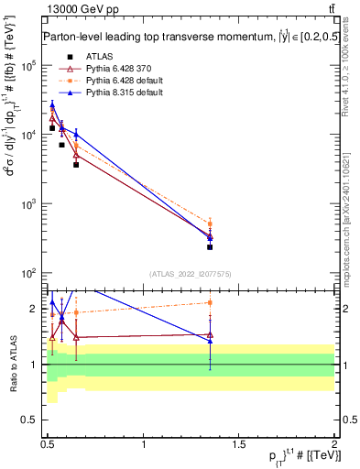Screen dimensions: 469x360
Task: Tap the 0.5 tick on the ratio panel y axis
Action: point(34,420)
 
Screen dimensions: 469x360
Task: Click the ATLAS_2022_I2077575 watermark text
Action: point(191,274)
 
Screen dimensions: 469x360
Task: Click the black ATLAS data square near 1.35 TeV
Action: point(210,246)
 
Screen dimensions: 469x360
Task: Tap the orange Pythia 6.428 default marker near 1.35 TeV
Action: point(210,224)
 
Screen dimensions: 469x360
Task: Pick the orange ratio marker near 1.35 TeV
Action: point(210,302)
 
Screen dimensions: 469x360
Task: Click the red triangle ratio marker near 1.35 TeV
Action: point(210,335)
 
